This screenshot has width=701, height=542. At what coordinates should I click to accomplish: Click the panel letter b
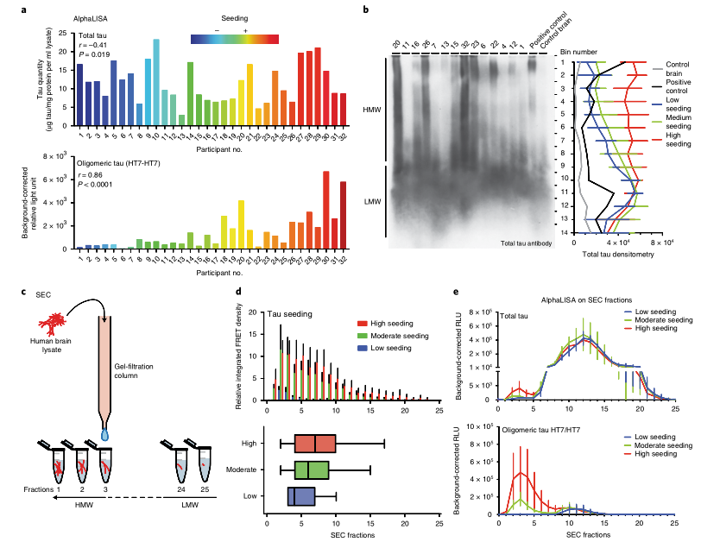click(366, 9)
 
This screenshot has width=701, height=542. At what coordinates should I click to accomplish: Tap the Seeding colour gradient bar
click(234, 37)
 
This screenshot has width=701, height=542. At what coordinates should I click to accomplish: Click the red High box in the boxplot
click(315, 443)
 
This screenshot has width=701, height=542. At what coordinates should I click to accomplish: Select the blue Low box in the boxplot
click(300, 496)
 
